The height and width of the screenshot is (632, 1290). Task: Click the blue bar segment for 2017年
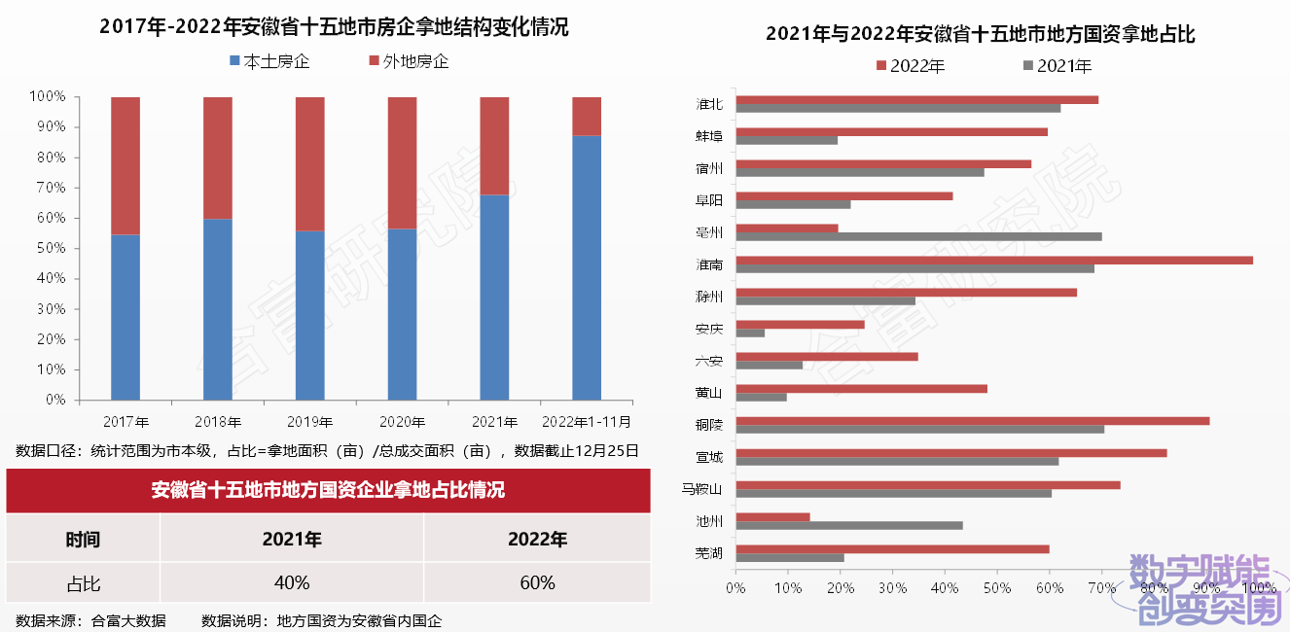[x=125, y=317]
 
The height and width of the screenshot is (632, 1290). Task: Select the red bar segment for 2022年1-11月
[x=587, y=116]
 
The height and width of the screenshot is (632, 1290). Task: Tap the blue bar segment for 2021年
[x=494, y=298]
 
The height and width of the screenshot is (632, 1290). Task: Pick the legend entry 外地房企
[x=409, y=62]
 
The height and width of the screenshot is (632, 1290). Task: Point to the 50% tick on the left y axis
[x=48, y=248]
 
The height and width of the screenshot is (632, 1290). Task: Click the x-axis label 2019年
[x=310, y=423]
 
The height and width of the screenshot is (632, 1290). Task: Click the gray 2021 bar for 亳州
[x=918, y=236]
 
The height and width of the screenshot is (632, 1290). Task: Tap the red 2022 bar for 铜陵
[x=973, y=420]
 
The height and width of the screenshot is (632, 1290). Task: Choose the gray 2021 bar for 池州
[x=849, y=525]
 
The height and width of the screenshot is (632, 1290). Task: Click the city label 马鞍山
[x=702, y=488]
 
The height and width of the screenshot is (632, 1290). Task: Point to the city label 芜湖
[x=709, y=553]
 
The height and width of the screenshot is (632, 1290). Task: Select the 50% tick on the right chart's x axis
[x=997, y=588]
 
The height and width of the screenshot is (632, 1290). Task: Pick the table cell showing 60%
[x=537, y=582]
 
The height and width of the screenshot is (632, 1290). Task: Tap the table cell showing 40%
[x=292, y=582]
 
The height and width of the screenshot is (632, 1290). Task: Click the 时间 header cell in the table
[x=83, y=539]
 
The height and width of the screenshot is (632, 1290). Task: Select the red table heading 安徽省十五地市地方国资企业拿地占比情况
[x=328, y=490]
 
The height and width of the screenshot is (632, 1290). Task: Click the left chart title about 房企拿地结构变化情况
[x=334, y=27]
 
